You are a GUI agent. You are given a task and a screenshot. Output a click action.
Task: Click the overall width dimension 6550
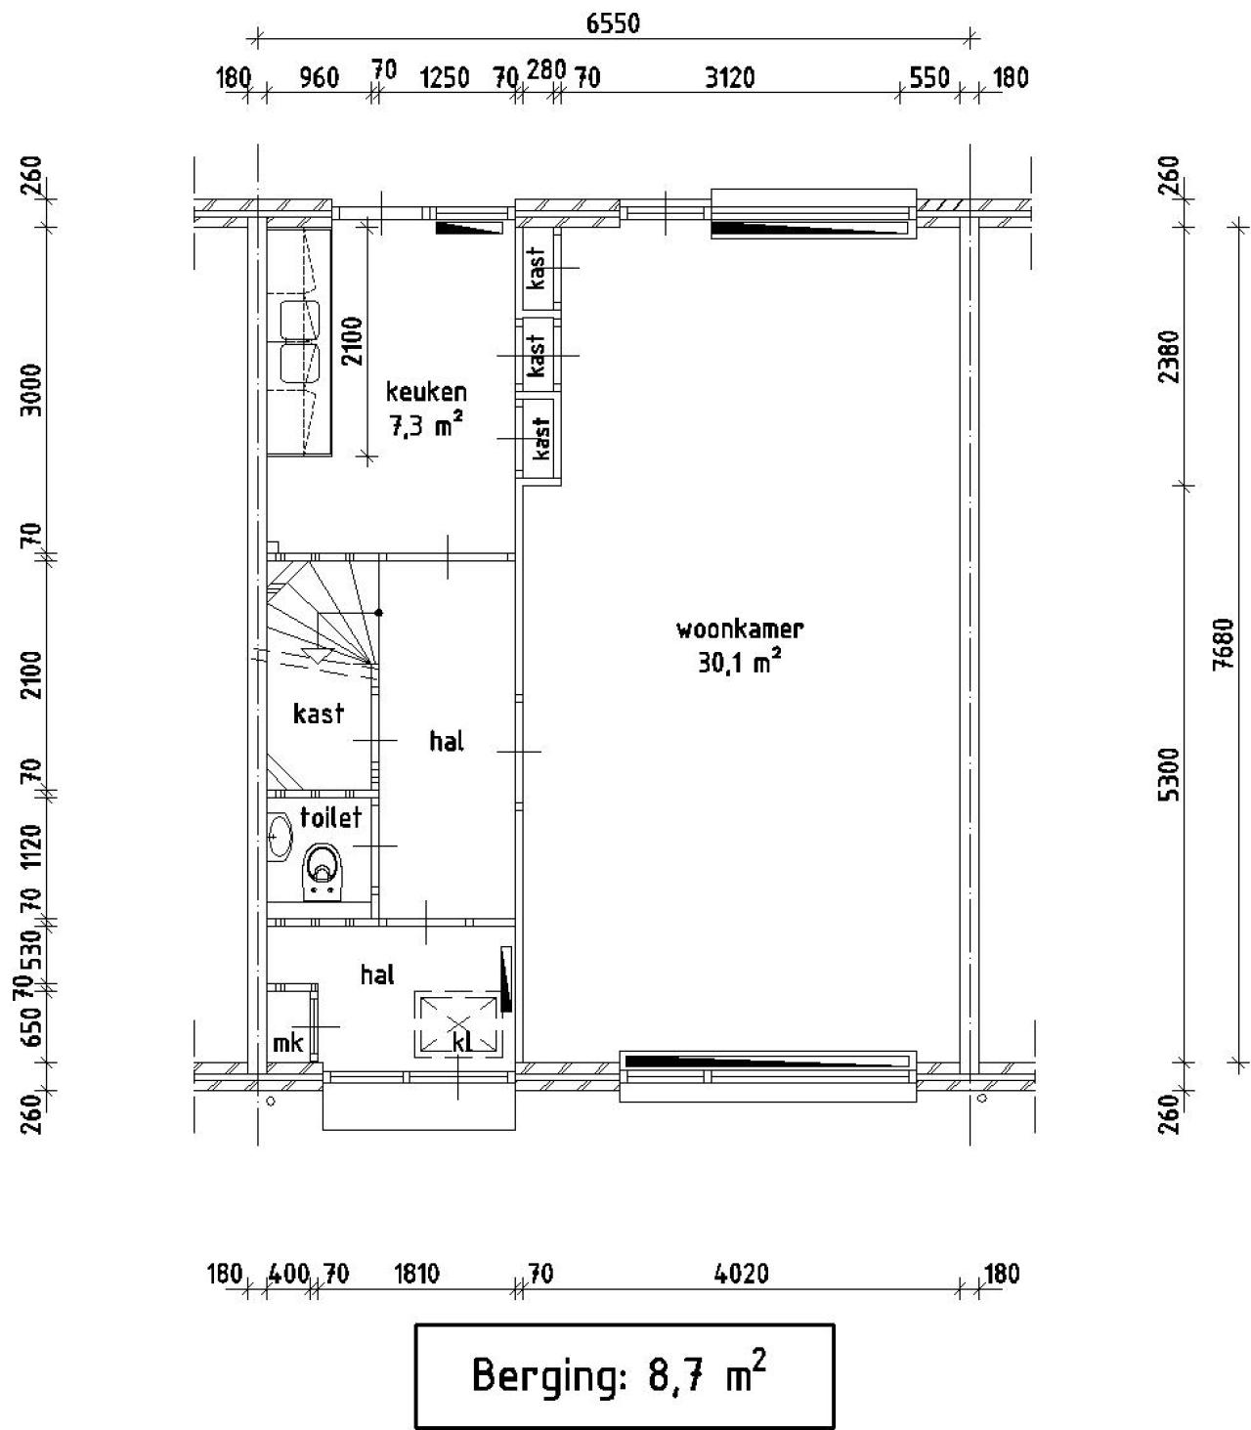[612, 23]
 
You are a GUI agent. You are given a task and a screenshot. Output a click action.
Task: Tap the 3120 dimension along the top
[730, 77]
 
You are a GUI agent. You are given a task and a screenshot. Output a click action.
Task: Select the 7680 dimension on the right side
[1224, 644]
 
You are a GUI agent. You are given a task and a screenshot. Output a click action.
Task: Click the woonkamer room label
[740, 629]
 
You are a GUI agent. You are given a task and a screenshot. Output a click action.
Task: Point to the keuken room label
[426, 391]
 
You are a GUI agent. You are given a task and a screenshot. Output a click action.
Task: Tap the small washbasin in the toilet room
[280, 836]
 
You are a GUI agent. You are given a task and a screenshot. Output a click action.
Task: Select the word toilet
[330, 817]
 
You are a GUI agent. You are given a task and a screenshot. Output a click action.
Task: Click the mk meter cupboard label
[287, 1044]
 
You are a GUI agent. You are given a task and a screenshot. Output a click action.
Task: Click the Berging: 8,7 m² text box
[625, 1375]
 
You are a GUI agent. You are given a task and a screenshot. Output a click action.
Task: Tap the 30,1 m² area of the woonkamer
[740, 661]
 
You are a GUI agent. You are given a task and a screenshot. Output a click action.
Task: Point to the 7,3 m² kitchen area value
[425, 425]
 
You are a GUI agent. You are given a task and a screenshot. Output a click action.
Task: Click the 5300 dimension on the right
[1168, 774]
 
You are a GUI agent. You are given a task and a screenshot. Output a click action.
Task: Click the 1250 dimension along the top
[444, 77]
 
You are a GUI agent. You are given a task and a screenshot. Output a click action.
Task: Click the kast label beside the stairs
[319, 714]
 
